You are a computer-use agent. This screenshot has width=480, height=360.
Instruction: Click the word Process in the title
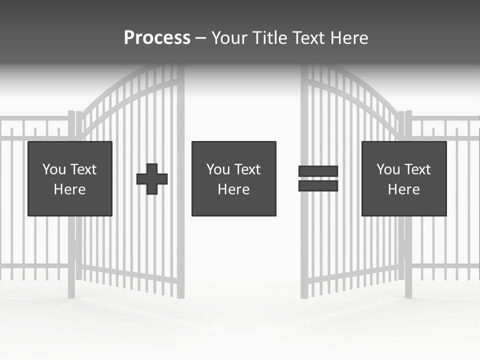[157, 38]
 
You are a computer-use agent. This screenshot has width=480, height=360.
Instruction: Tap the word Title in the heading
[270, 38]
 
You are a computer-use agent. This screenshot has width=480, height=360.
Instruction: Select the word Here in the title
[348, 38]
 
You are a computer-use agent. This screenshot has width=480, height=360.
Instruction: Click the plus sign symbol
[152, 179]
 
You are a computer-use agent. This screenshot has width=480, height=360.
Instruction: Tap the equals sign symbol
[318, 178]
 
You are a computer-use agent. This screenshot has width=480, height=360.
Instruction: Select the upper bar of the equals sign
[318, 171]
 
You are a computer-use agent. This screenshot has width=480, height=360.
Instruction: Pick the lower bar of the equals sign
[318, 185]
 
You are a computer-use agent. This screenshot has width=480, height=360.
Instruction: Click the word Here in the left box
[70, 189]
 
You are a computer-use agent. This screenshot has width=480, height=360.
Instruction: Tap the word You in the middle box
[217, 169]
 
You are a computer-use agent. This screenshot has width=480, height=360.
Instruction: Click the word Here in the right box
[403, 189]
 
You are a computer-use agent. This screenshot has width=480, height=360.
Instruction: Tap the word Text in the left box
[84, 169]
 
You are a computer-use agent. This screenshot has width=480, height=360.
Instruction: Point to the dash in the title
[200, 38]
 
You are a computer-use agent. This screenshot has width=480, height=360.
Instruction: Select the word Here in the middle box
[233, 189]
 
